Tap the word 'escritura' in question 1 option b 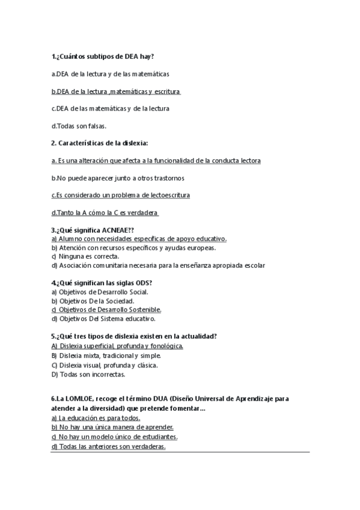pos(166,91)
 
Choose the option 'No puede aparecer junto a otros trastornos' pos(118,178)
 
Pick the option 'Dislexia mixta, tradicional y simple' pos(106,355)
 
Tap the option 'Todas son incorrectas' pos(88,374)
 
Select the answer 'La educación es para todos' pos(96,417)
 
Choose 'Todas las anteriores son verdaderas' pos(108,446)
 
